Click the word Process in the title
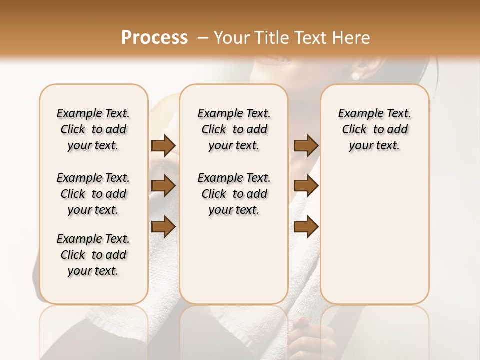tap(154, 38)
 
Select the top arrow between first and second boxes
tap(163, 145)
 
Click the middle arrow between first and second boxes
tap(163, 186)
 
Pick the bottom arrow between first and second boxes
tap(163, 226)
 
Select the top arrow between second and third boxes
tap(306, 145)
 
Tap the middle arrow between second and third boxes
tap(306, 186)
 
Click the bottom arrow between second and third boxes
tap(306, 226)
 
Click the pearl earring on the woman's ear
tap(356, 76)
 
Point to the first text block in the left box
tap(93, 129)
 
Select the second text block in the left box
tap(93, 194)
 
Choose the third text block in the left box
tap(93, 255)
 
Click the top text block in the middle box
tap(234, 129)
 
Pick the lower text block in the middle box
tap(234, 194)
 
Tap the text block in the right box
tap(374, 129)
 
